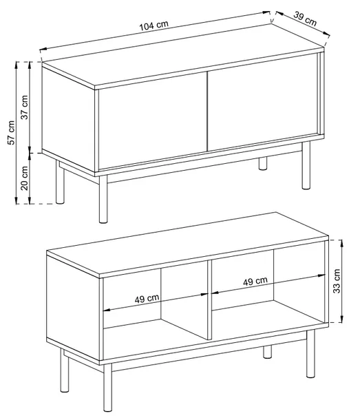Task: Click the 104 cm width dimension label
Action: pyautogui.click(x=154, y=25)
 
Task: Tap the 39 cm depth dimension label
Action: pyautogui.click(x=305, y=19)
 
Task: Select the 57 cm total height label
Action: pyautogui.click(x=11, y=133)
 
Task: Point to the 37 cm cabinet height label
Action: pyautogui.click(x=24, y=107)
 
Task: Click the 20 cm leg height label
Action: pyautogui.click(x=24, y=178)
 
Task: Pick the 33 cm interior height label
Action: pyautogui.click(x=337, y=281)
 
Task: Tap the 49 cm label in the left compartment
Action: pyautogui.click(x=147, y=298)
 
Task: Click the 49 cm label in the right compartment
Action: pyautogui.click(x=255, y=281)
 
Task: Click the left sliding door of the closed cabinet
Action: pyautogui.click(x=153, y=120)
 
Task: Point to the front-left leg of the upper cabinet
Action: pyautogui.click(x=103, y=199)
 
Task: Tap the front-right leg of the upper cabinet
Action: pyautogui.click(x=306, y=165)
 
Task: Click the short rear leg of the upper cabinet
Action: pyautogui.click(x=263, y=163)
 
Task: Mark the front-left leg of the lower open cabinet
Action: pyautogui.click(x=107, y=387)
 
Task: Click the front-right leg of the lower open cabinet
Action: pyautogui.click(x=310, y=354)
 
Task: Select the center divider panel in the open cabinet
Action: pyautogui.click(x=209, y=300)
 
